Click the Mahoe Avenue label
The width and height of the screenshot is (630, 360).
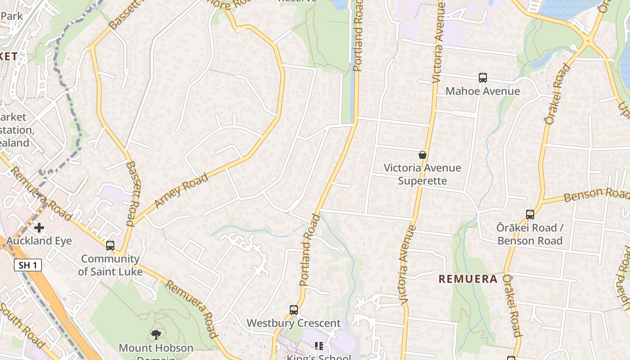482,91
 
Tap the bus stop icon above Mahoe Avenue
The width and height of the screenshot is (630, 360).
482,78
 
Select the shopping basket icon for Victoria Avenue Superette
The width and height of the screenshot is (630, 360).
423,155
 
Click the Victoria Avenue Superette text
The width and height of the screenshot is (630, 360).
422,174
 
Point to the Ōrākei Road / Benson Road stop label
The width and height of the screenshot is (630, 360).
530,234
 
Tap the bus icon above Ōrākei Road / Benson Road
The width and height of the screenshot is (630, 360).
530,215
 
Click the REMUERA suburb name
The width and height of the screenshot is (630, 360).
468,279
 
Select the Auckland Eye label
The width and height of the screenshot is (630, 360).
39,241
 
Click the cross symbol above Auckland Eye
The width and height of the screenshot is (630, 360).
39,228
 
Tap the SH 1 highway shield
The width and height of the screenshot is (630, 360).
28,265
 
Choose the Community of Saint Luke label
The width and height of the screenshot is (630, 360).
110,265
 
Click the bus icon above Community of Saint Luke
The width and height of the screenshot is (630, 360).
110,246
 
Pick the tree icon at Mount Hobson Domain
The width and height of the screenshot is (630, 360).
156,334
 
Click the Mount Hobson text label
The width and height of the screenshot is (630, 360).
156,348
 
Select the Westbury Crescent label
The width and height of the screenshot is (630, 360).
293,323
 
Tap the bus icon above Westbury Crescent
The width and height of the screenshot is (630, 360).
294,310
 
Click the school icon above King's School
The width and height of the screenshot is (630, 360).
319,346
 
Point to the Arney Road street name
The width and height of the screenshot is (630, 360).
181,190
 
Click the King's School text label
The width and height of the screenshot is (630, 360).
319,357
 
